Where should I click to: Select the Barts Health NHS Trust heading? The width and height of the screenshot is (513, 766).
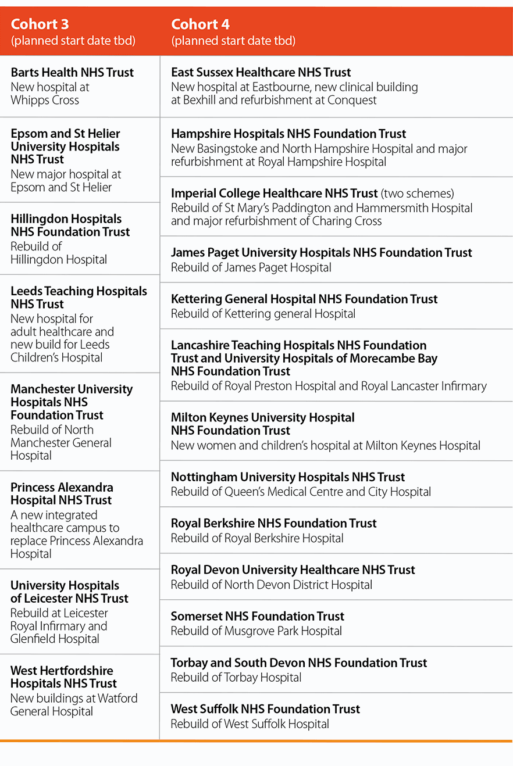(72, 73)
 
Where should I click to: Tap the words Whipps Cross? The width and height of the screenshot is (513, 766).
(45, 100)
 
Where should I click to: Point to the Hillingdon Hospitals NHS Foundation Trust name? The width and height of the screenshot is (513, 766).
(70, 225)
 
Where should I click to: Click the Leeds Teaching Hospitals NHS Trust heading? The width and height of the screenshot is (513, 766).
(79, 298)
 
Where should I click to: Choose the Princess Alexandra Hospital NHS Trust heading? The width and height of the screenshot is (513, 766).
(62, 493)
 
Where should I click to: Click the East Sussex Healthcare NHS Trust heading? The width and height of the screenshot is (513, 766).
(261, 73)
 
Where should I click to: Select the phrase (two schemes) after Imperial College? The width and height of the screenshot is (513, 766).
(417, 194)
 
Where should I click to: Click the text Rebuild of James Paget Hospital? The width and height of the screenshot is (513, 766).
(251, 268)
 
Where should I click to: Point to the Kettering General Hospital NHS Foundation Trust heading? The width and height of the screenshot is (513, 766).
(304, 299)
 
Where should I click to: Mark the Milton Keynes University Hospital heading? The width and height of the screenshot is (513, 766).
(263, 424)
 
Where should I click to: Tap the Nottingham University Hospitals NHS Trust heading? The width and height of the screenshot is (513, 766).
(288, 477)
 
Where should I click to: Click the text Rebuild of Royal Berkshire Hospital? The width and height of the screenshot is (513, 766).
(257, 539)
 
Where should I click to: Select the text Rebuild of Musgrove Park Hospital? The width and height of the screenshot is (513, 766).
(256, 631)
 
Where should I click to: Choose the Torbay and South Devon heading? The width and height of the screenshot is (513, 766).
(299, 663)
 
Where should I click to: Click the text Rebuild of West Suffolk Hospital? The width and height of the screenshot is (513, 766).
(250, 724)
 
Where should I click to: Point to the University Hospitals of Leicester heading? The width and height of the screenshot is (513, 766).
(69, 592)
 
